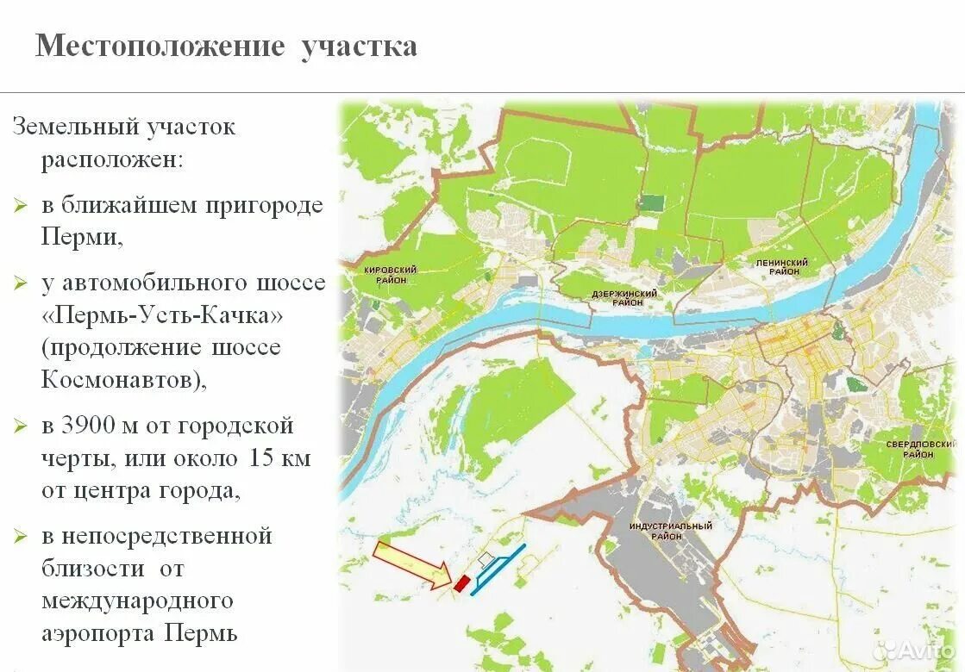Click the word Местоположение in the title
[x=160, y=46]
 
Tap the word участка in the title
[x=359, y=46]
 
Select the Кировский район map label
[x=391, y=275]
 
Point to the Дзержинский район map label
[x=624, y=298]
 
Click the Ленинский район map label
[x=781, y=266]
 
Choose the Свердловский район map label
[x=921, y=450]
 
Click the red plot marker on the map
[x=461, y=583]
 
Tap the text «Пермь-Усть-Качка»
[x=162, y=315]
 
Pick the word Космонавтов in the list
[x=120, y=380]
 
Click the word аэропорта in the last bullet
[x=97, y=634]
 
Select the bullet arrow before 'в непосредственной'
[x=21, y=537]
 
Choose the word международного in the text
[x=137, y=600]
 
